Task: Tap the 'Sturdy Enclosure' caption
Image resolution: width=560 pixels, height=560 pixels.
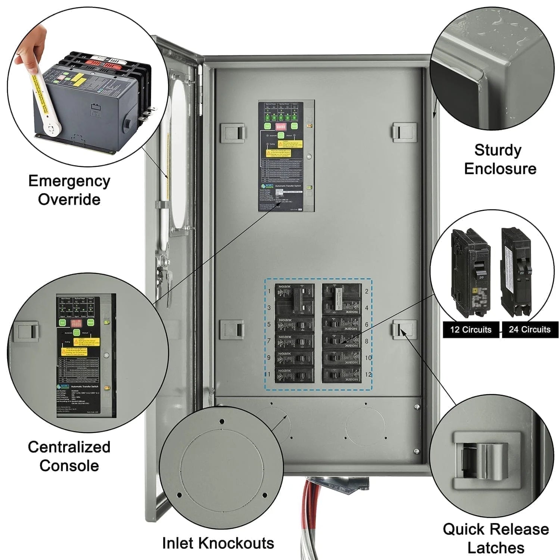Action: click(x=500, y=159)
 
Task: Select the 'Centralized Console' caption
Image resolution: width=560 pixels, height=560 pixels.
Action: click(x=69, y=456)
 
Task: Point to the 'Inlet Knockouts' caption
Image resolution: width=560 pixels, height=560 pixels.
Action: click(x=218, y=543)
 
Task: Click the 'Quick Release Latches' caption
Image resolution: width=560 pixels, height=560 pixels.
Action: click(x=496, y=538)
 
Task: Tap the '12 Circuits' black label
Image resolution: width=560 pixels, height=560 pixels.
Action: click(x=471, y=330)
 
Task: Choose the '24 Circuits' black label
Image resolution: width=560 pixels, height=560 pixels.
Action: click(x=529, y=330)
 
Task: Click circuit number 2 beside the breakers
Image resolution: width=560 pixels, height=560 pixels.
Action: click(x=367, y=291)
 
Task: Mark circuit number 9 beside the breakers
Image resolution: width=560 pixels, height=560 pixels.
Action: click(x=269, y=358)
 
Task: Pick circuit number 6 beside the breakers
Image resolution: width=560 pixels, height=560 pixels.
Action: click(x=367, y=324)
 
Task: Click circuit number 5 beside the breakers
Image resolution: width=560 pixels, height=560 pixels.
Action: click(x=269, y=324)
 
